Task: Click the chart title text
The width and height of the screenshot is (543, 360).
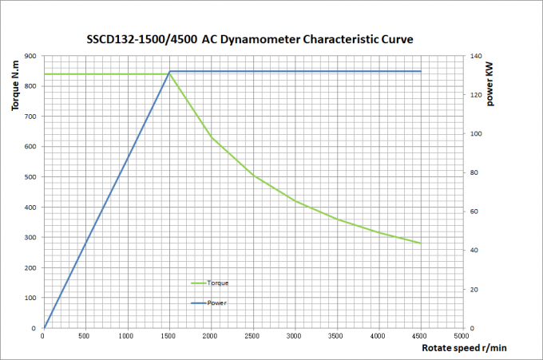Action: (x=249, y=39)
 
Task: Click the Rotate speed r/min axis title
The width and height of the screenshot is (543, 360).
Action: (x=464, y=348)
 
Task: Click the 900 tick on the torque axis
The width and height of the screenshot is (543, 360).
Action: (x=30, y=56)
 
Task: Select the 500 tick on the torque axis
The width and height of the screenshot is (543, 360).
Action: (x=30, y=176)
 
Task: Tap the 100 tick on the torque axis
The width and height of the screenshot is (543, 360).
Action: (x=30, y=298)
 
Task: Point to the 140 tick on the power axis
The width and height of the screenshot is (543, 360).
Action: (x=477, y=56)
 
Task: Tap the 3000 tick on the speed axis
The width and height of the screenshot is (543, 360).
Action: (x=295, y=336)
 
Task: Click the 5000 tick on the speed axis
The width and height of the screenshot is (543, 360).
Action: (x=462, y=336)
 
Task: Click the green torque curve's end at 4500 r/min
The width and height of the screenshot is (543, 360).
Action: (x=420, y=243)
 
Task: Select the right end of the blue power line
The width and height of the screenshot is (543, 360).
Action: (x=420, y=72)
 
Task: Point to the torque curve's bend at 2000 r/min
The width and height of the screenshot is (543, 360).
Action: (x=212, y=137)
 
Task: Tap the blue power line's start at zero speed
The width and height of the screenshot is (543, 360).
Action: (x=45, y=327)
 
